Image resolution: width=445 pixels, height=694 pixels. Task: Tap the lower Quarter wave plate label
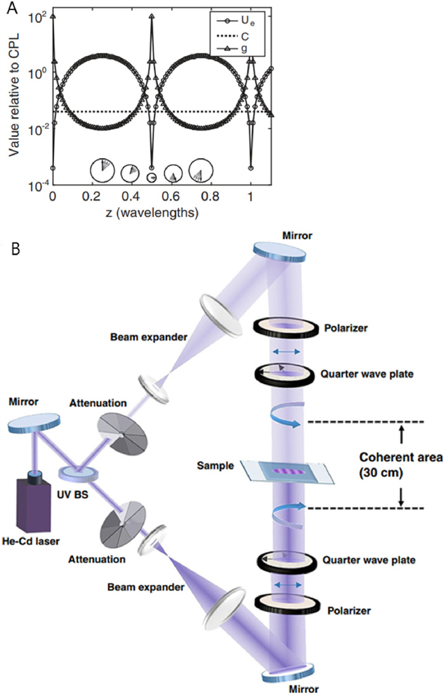[x=362, y=561]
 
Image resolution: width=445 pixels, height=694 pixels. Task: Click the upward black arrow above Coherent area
[x=401, y=434]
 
